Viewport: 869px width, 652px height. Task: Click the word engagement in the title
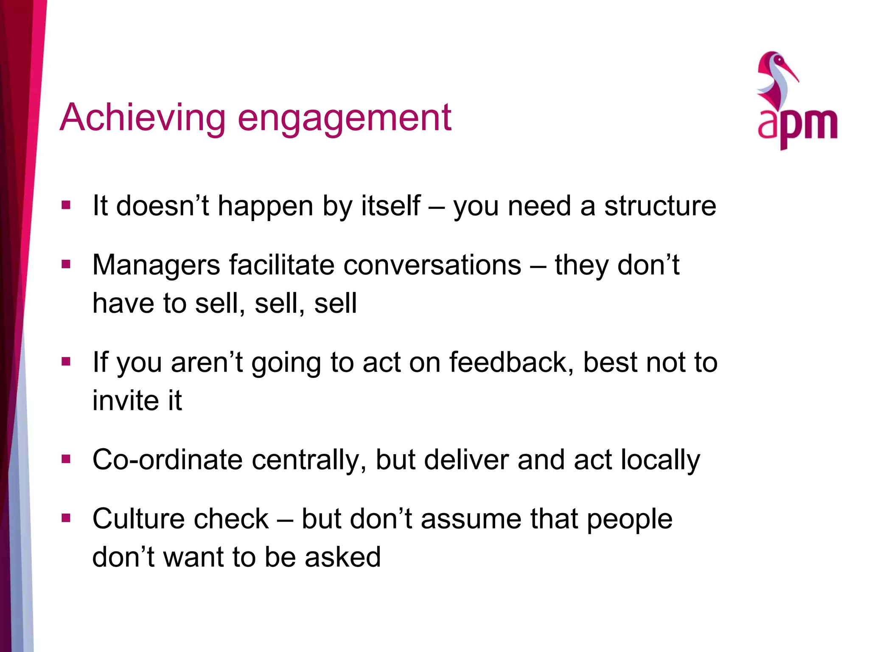344,119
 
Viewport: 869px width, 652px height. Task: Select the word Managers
156,265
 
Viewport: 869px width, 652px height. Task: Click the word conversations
432,265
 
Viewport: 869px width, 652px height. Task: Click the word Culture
138,519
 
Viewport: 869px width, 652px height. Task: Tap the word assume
471,520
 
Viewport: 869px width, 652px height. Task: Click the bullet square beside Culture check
66,518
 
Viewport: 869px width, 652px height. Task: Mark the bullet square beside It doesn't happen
66,205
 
